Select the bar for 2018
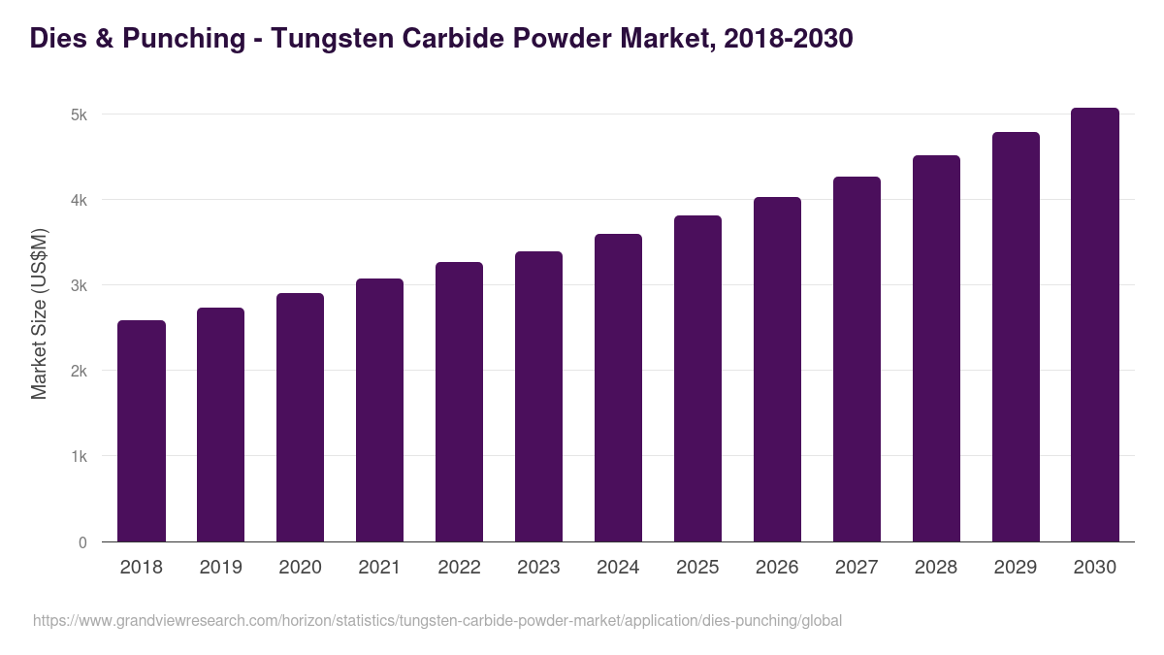(142, 431)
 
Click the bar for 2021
(379, 409)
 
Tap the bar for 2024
(618, 387)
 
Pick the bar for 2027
(857, 359)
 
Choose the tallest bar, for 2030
(1094, 324)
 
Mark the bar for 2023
(538, 396)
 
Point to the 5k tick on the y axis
(79, 115)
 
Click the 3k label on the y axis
(79, 286)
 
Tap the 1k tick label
(79, 457)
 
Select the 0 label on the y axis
(82, 542)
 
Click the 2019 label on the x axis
(221, 568)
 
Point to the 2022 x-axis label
(459, 568)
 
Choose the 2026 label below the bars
(777, 568)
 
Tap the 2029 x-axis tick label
(1016, 568)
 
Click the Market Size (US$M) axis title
(39, 313)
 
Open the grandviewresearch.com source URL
(437, 620)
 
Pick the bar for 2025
(697, 378)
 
